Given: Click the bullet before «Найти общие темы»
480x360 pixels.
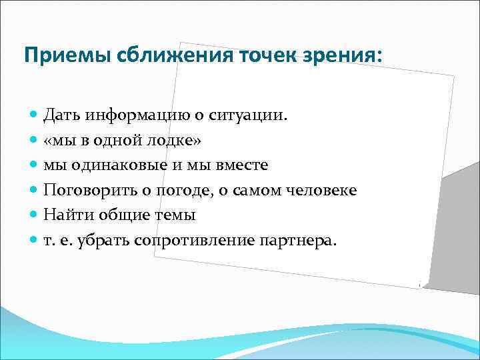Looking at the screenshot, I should point(35,215).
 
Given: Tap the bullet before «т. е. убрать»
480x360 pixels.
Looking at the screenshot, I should point(35,241).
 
